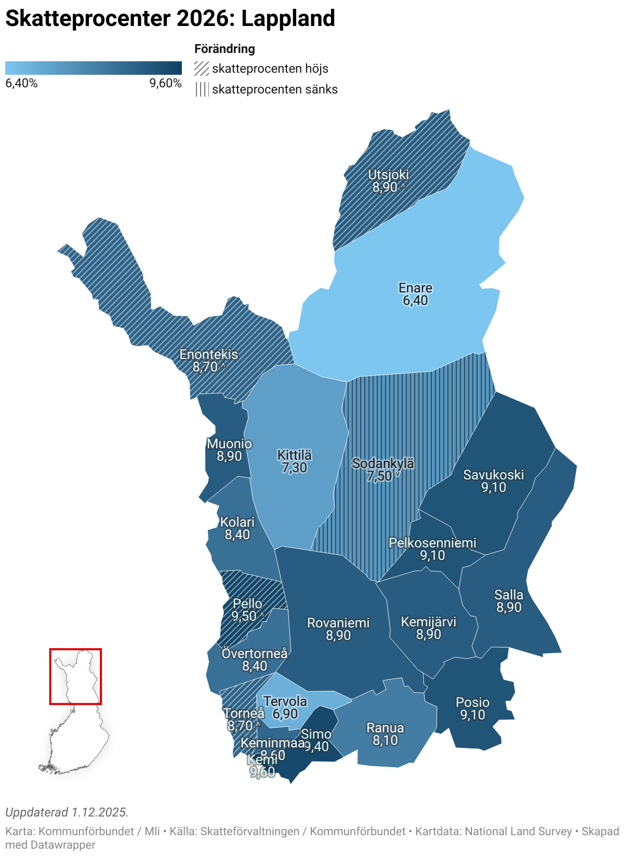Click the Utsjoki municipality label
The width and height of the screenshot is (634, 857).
pyautogui.click(x=388, y=175)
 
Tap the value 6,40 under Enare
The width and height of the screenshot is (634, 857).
pyautogui.click(x=415, y=301)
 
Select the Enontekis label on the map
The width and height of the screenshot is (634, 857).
pyautogui.click(x=208, y=354)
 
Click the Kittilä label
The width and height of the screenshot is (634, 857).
pyautogui.click(x=294, y=455)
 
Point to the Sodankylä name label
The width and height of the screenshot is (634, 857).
pyautogui.click(x=383, y=463)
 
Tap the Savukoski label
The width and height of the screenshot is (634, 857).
pyautogui.click(x=493, y=475)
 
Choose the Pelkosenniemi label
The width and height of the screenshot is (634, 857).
pyautogui.click(x=432, y=543)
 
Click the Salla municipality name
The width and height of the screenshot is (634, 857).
pyautogui.click(x=509, y=595)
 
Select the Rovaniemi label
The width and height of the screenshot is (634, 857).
pyautogui.click(x=338, y=623)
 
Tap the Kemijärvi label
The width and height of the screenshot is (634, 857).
pyautogui.click(x=428, y=622)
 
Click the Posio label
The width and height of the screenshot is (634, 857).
pyautogui.click(x=472, y=702)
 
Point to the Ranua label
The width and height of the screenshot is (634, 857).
pyautogui.click(x=385, y=728)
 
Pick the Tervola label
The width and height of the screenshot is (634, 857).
pyautogui.click(x=285, y=701)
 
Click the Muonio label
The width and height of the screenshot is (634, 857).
pyautogui.click(x=229, y=444)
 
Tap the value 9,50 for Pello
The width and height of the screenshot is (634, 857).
pyautogui.click(x=244, y=617)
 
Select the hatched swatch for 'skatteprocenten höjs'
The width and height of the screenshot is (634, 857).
pyautogui.click(x=202, y=69)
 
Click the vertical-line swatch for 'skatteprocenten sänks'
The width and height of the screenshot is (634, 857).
pyautogui.click(x=202, y=89)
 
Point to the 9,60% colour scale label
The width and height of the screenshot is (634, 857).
pyautogui.click(x=165, y=84)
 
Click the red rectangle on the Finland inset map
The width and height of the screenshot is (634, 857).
pyautogui.click(x=75, y=650)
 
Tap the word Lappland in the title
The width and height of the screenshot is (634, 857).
pyautogui.click(x=288, y=19)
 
